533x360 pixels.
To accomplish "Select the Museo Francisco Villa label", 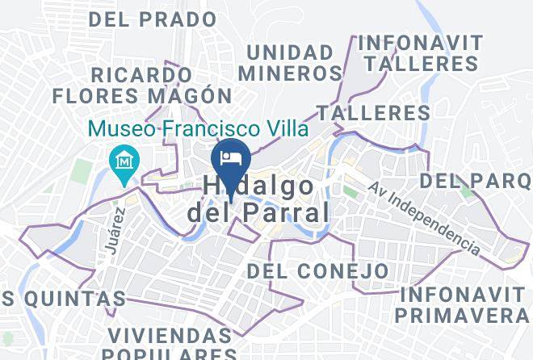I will [199, 128].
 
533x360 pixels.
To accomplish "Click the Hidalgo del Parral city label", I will [258, 199].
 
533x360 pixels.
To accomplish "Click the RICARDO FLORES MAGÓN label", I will [136, 85].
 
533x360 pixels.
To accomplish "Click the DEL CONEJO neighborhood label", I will [317, 270].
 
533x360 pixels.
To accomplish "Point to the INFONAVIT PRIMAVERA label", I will [463, 303].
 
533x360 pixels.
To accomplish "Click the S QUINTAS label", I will [63, 299].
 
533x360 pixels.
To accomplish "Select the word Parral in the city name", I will [283, 213].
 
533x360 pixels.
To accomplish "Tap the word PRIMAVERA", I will [462, 313].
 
